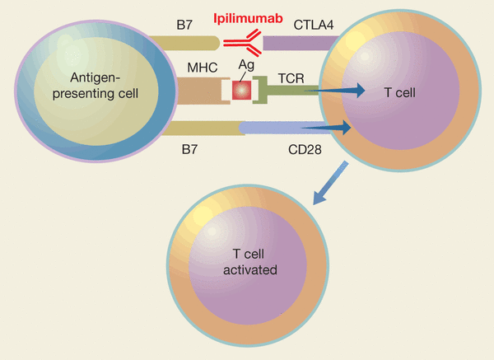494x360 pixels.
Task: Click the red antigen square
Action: click(x=242, y=91)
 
